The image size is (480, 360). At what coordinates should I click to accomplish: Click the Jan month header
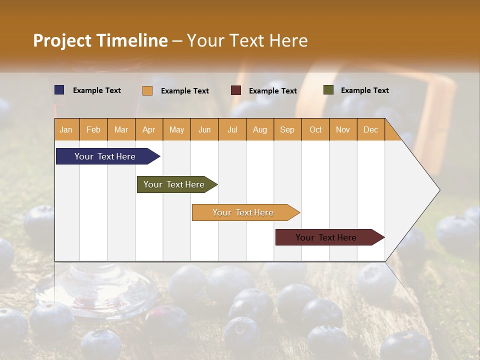point(66,130)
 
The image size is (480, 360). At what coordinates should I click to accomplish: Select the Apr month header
point(148,130)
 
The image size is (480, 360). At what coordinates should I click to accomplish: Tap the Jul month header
point(232,130)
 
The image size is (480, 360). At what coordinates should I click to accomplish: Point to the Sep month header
point(287,130)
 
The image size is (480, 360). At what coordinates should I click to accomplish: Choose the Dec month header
point(370,130)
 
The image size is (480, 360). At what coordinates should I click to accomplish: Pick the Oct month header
point(315,130)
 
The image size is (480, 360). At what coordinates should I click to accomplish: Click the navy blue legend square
point(59,90)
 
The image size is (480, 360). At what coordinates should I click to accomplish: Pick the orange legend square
point(147,90)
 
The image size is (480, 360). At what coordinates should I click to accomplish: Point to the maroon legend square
point(235,90)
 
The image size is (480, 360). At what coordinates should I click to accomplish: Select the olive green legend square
point(328,90)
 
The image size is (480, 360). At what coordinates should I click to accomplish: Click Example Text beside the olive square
point(364,90)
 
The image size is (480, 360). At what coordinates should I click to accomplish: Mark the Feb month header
point(93,130)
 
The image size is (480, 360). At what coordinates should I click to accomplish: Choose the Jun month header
point(204,130)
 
